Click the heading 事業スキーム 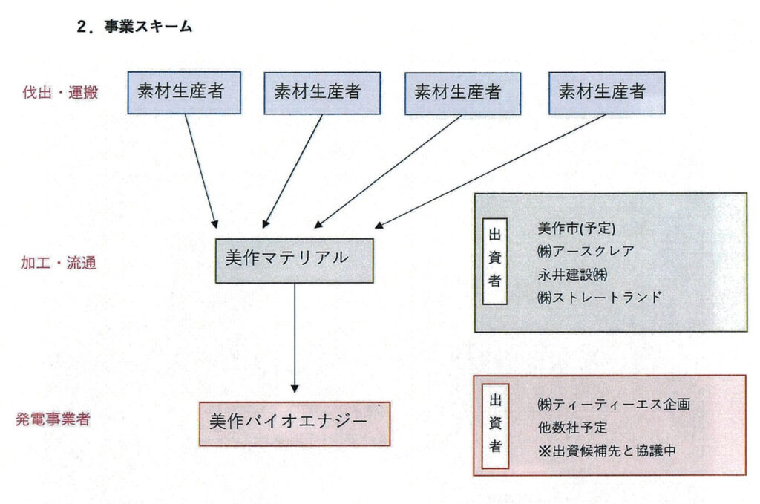coord(134,27)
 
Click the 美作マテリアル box coord(294,260)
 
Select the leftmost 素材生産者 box coord(183,92)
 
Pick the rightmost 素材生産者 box coord(606,92)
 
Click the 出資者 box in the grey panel coord(495,262)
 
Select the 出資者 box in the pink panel coord(495,427)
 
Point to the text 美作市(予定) coord(577,228)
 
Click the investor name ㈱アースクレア coord(586,251)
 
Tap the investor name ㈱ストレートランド coord(598,297)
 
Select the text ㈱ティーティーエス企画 coord(614,405)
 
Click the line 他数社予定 coord(572,428)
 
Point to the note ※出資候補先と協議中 coord(606,451)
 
